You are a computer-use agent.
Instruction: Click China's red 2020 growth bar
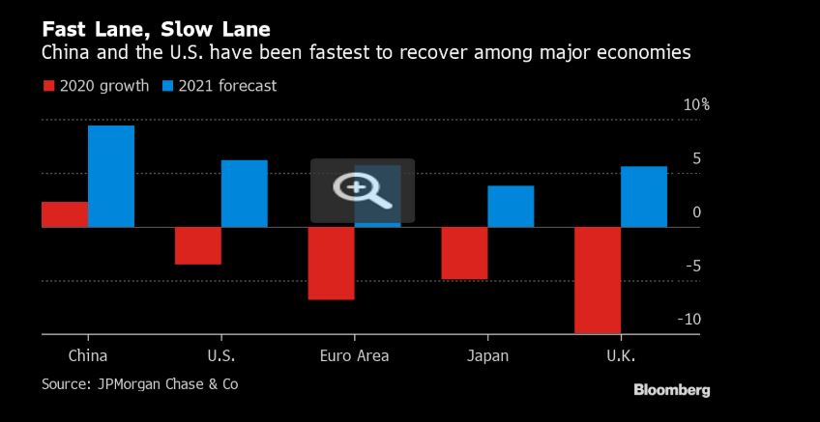[65, 214]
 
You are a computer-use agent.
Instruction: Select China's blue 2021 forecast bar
[111, 176]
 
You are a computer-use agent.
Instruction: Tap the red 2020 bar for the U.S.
[197, 245]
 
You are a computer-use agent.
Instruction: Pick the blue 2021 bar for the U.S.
[244, 193]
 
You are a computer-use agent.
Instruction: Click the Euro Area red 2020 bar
[331, 263]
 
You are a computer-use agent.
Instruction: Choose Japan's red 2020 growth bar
[464, 253]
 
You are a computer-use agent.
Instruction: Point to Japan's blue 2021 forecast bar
[511, 206]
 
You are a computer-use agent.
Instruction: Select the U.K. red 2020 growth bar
[598, 280]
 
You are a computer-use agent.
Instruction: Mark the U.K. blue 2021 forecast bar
[644, 196]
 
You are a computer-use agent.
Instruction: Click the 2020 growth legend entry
[96, 86]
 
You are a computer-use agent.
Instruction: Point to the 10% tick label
[696, 104]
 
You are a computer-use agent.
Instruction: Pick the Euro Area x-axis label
[354, 355]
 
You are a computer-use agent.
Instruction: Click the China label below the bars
[88, 355]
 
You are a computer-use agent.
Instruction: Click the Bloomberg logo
[671, 390]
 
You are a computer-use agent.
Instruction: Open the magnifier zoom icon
[362, 190]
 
